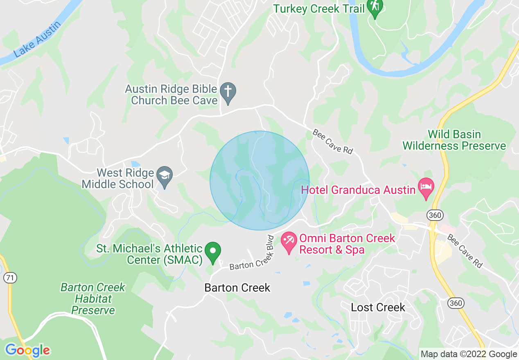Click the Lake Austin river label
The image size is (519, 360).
(x=37, y=40)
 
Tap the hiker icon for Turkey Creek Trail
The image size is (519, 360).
(x=375, y=8)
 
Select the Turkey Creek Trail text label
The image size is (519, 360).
(x=319, y=9)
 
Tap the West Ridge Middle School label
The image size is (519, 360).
(x=118, y=179)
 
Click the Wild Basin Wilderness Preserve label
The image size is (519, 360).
(x=454, y=140)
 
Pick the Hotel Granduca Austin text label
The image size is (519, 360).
(x=358, y=190)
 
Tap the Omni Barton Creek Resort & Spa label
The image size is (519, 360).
(x=347, y=244)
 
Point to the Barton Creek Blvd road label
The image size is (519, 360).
(x=251, y=253)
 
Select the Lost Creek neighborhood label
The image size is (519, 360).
(x=378, y=307)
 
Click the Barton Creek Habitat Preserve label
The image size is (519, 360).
(x=93, y=299)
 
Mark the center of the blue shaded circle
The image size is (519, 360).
(x=259, y=180)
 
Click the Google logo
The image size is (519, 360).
(x=27, y=350)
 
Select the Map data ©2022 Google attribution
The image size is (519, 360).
(x=469, y=354)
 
